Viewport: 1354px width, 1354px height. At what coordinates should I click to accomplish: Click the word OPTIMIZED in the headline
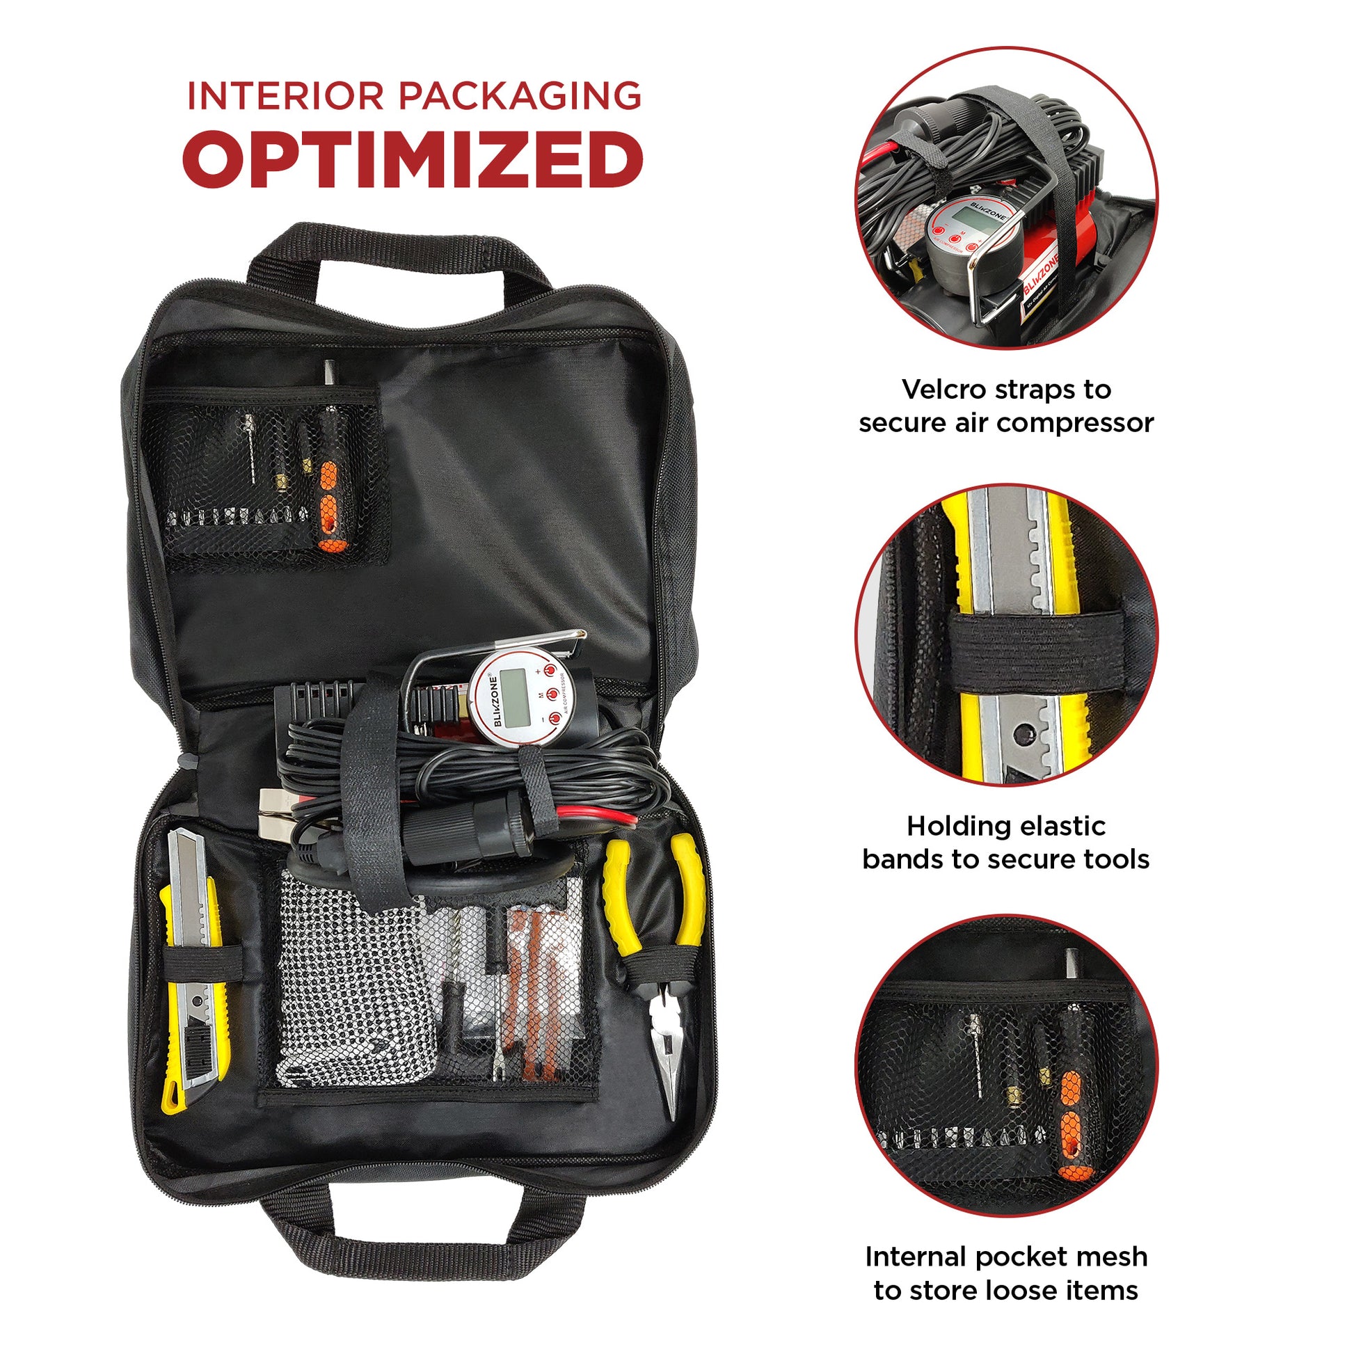pyautogui.click(x=413, y=159)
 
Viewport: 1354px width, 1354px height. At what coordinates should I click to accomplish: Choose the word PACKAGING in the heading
pyautogui.click(x=520, y=96)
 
